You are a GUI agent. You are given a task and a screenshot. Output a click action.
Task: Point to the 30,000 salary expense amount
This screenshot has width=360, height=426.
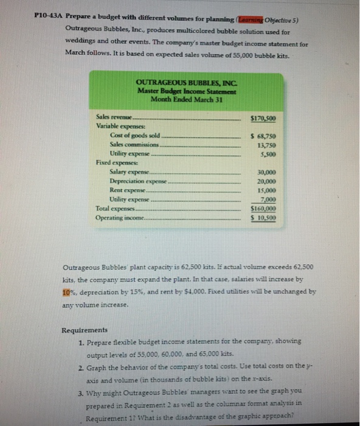pyautogui.click(x=266, y=172)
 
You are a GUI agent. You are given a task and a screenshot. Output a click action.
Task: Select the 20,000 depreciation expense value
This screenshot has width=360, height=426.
pyautogui.click(x=266, y=181)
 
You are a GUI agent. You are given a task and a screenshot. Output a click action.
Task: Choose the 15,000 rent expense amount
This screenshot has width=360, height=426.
pyautogui.click(x=266, y=190)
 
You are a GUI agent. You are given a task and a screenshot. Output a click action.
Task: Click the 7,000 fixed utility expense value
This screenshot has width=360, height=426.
pyautogui.click(x=268, y=199)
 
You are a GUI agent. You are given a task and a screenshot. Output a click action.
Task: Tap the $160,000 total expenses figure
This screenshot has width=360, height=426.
pyautogui.click(x=264, y=208)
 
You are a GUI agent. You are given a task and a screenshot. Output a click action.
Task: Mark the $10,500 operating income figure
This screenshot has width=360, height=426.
pyautogui.click(x=264, y=217)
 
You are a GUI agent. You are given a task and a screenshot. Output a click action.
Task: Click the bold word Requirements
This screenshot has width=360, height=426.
pyautogui.click(x=85, y=330)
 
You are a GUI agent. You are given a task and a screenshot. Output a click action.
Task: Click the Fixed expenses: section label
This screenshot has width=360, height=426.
pyautogui.click(x=115, y=162)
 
